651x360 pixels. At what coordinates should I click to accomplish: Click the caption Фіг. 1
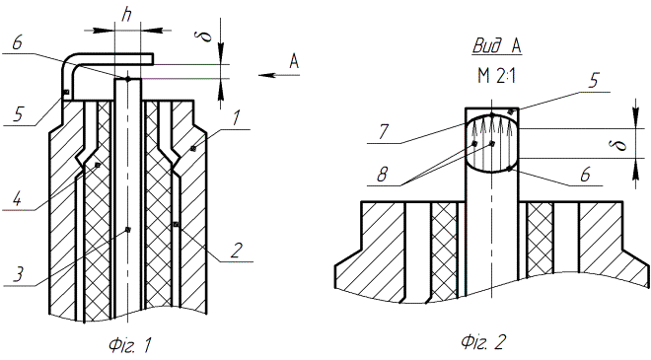[130, 344]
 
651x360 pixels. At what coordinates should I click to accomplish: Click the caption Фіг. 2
[483, 342]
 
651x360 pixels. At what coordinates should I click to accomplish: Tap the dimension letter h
[127, 15]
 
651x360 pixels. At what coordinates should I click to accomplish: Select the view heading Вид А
[496, 46]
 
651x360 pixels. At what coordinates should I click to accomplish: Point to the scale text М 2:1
[496, 76]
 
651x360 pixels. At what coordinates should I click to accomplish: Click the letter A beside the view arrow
[294, 61]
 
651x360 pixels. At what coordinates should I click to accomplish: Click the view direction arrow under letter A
[279, 75]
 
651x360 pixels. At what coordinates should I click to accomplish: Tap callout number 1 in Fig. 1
[236, 118]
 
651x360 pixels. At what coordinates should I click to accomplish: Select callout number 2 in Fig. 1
[237, 250]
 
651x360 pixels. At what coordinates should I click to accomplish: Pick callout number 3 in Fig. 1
[18, 274]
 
